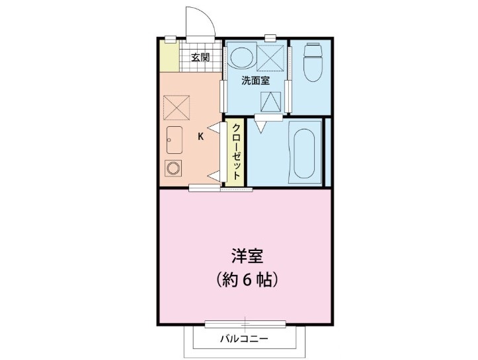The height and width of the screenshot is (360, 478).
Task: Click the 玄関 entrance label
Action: click(x=200, y=57)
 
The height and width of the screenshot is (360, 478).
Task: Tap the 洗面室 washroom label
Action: click(x=255, y=81)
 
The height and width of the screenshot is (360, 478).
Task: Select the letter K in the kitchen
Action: click(x=201, y=137)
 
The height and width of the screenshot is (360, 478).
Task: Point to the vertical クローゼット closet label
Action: click(x=235, y=152)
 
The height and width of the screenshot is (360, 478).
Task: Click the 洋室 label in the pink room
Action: click(x=245, y=256)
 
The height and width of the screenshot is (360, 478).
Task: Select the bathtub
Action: click(x=305, y=153)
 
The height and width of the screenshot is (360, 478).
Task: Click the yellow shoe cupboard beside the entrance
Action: click(x=170, y=57)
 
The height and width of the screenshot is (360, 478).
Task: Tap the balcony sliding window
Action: click(x=245, y=324)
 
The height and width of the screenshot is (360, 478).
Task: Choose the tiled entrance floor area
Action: click(x=200, y=66)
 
